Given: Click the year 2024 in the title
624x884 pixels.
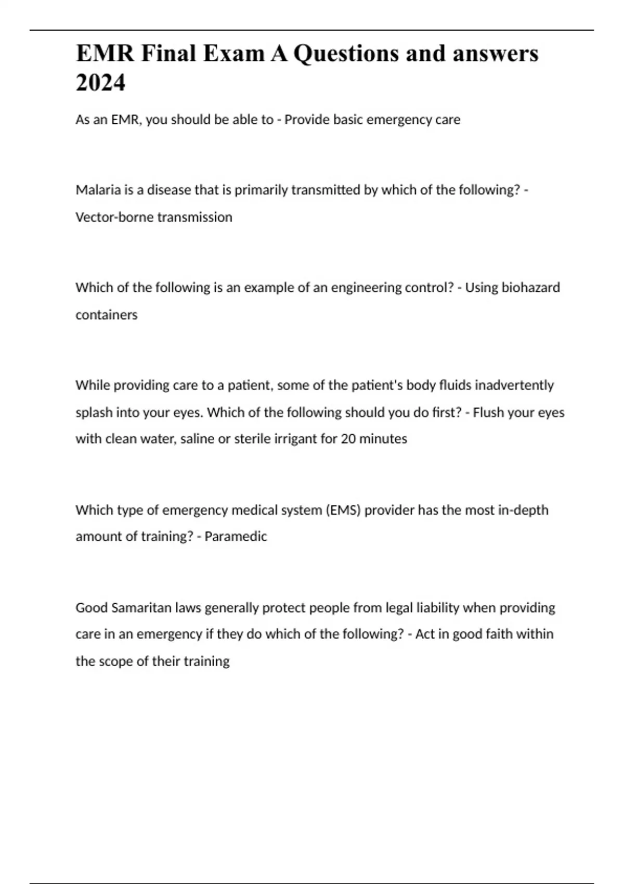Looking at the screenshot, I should click(x=100, y=82).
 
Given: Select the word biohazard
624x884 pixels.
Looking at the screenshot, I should click(x=530, y=288).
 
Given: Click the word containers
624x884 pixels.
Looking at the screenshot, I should click(x=107, y=315).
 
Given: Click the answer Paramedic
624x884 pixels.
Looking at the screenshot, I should click(x=236, y=537).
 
